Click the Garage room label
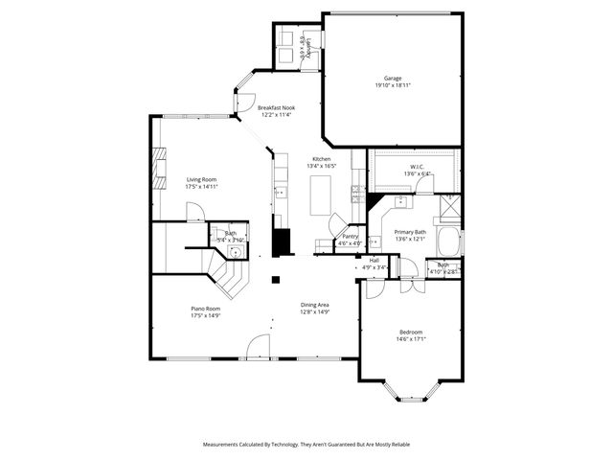pyautogui.click(x=393, y=79)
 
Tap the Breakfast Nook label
pyautogui.click(x=276, y=108)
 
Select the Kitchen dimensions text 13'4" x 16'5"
pyautogui.click(x=322, y=166)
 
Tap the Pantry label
pyautogui.click(x=350, y=236)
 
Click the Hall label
pyautogui.click(x=374, y=260)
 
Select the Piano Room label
pyautogui.click(x=206, y=309)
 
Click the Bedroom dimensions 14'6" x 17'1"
pyautogui.click(x=411, y=338)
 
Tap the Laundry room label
pyautogui.click(x=304, y=44)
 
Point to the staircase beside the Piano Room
pyautogui.click(x=228, y=278)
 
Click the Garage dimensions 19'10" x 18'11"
pyautogui.click(x=393, y=85)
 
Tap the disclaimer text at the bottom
pyautogui.click(x=306, y=445)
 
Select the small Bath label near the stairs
pyautogui.click(x=231, y=233)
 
